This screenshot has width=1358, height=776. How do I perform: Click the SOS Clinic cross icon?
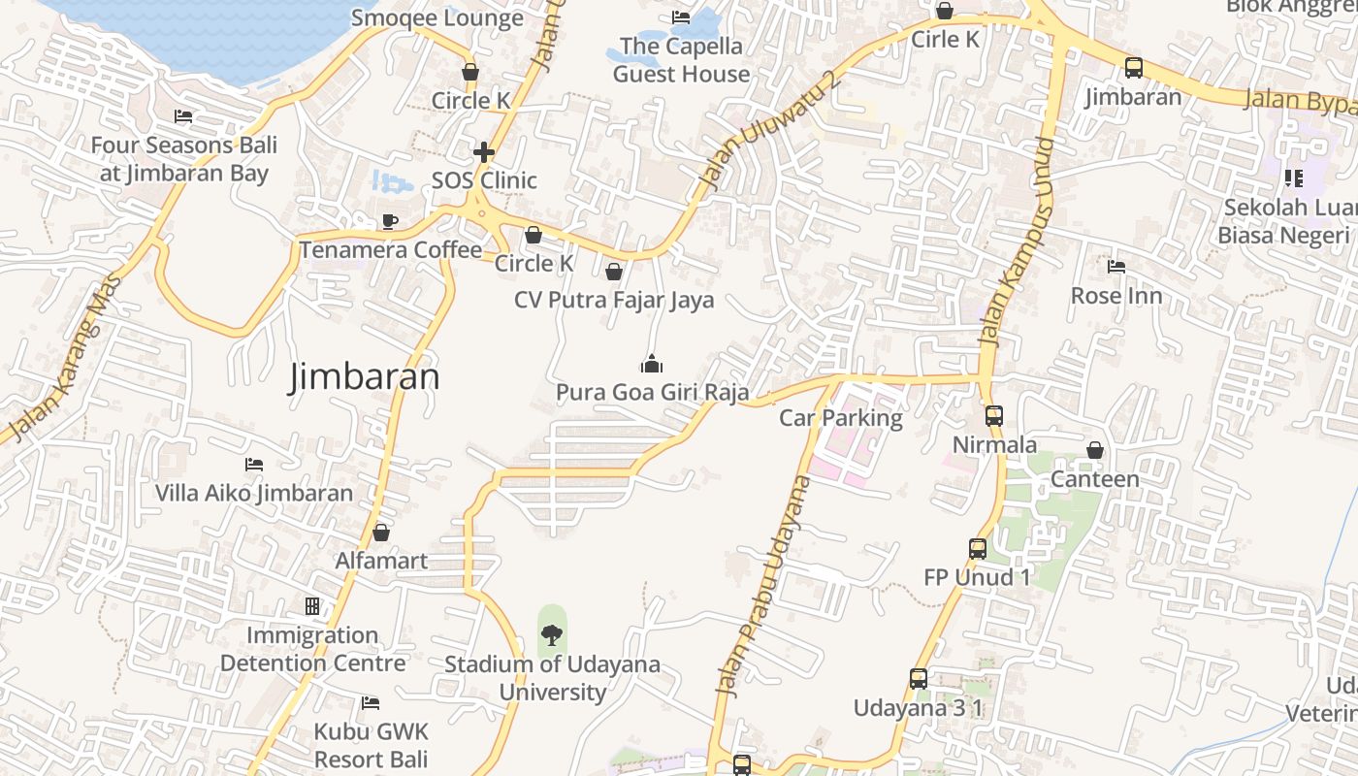coord(483,152)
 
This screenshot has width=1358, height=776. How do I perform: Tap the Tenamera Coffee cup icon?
coord(389,222)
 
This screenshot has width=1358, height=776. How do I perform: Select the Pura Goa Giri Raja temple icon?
coord(651,364)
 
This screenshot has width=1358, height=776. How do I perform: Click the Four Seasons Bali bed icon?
coord(183,116)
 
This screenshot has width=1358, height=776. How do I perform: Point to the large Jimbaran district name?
coord(364,376)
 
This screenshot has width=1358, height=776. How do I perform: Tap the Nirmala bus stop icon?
coord(993,416)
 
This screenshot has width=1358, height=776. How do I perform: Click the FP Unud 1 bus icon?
coord(977,549)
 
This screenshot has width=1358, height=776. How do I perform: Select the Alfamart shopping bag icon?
coord(381,533)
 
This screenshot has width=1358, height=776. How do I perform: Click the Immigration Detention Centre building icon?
coord(311,606)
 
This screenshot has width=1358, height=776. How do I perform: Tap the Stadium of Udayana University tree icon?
coord(551,635)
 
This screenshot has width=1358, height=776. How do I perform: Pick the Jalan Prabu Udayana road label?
coord(761,585)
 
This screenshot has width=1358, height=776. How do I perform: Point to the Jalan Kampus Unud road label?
coord(1016,242)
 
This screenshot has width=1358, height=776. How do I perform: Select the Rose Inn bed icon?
coord(1115,266)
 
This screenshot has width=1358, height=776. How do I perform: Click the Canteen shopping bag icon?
coord(1094,450)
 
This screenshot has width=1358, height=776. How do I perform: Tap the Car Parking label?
coord(841,418)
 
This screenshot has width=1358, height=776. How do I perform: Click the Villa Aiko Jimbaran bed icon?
coord(254,465)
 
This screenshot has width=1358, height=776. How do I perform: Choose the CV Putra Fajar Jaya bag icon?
coord(613,272)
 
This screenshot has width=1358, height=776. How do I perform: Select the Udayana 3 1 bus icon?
coord(918,679)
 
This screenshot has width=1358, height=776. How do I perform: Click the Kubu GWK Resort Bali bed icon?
coord(370,702)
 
